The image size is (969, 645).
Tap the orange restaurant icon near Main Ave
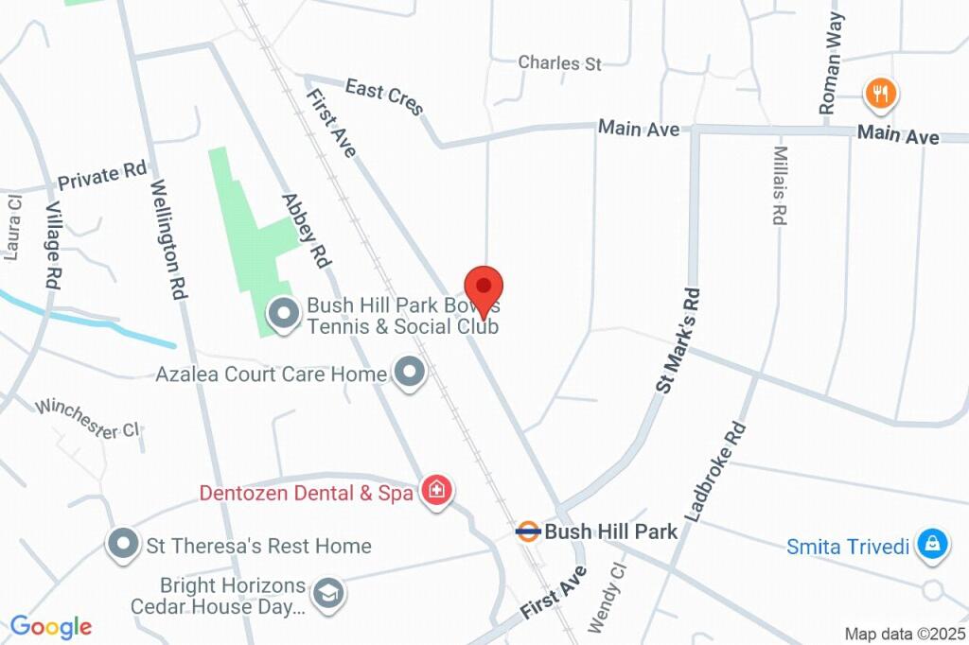881,93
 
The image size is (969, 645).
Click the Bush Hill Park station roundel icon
528,531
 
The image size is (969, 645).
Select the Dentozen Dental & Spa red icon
436,491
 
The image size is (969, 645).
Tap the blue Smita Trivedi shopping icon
933,544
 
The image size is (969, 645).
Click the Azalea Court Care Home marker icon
410,373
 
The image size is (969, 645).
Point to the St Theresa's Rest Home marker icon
122,545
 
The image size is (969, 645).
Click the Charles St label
560,63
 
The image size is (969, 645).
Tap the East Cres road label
384,97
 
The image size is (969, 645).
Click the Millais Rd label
779,185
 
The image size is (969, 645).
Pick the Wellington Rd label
166,240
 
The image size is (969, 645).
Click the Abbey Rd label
304,230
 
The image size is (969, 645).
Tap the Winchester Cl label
87,418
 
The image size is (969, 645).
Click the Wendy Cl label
608,598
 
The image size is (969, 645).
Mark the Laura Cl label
12,228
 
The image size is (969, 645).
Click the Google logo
50,626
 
